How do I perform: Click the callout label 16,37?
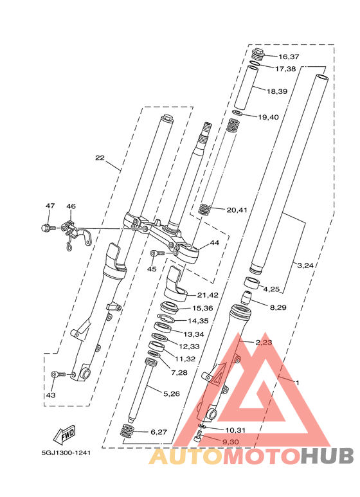(x=289, y=57)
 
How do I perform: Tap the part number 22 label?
(x=100, y=158)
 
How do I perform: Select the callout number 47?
(x=50, y=206)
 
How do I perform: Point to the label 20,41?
(x=237, y=210)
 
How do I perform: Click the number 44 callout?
(x=215, y=243)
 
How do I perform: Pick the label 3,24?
(x=305, y=266)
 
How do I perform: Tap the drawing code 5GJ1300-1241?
(x=66, y=453)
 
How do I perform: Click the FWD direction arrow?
(x=64, y=434)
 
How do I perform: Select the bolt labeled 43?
(x=59, y=374)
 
